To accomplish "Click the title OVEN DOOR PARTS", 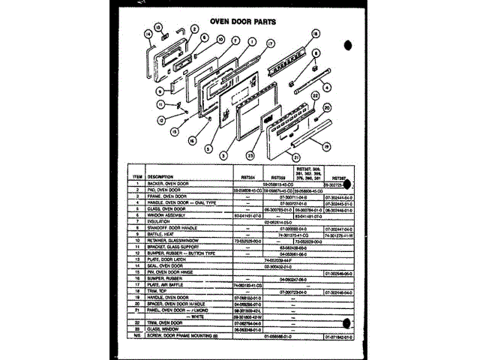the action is (x=238, y=22).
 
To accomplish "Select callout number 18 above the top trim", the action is (x=316, y=34).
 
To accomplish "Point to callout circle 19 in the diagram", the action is (x=328, y=146).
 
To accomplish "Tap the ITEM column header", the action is (x=136, y=177).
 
